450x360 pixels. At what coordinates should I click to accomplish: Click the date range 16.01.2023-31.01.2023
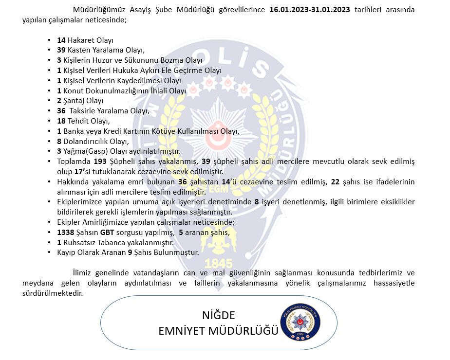tap(309, 10)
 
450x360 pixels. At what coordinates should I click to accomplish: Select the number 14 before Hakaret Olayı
tap(61, 40)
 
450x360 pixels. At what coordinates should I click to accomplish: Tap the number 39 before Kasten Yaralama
tap(61, 50)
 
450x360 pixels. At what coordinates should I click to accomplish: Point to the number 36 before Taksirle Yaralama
tap(61, 111)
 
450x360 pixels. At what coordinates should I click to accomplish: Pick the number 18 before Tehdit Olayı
tap(61, 121)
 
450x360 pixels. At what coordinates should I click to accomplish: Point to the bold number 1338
tap(65, 233)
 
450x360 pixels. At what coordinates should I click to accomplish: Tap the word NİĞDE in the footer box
tap(219, 314)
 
